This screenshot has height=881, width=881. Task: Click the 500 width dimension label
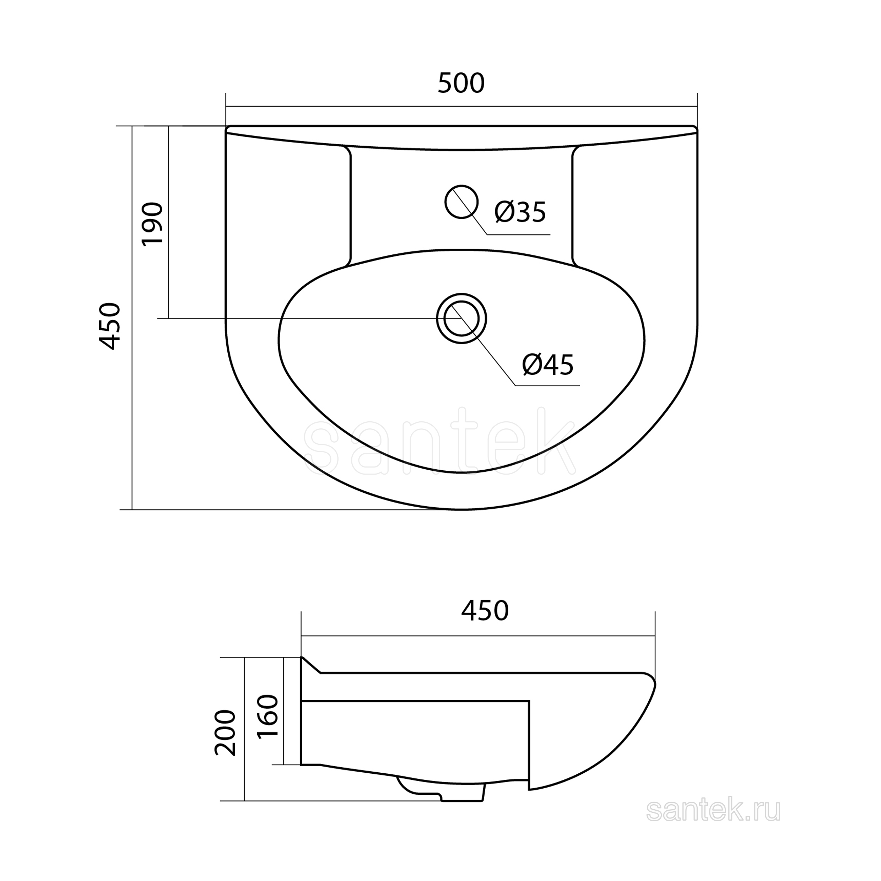coord(461,83)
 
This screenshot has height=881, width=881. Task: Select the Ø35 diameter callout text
coord(520,212)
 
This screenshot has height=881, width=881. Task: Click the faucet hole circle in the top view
coord(461,185)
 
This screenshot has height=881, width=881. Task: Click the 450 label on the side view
coord(485,611)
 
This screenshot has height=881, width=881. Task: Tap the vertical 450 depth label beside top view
coord(110,326)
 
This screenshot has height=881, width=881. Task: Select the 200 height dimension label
coord(226,733)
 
